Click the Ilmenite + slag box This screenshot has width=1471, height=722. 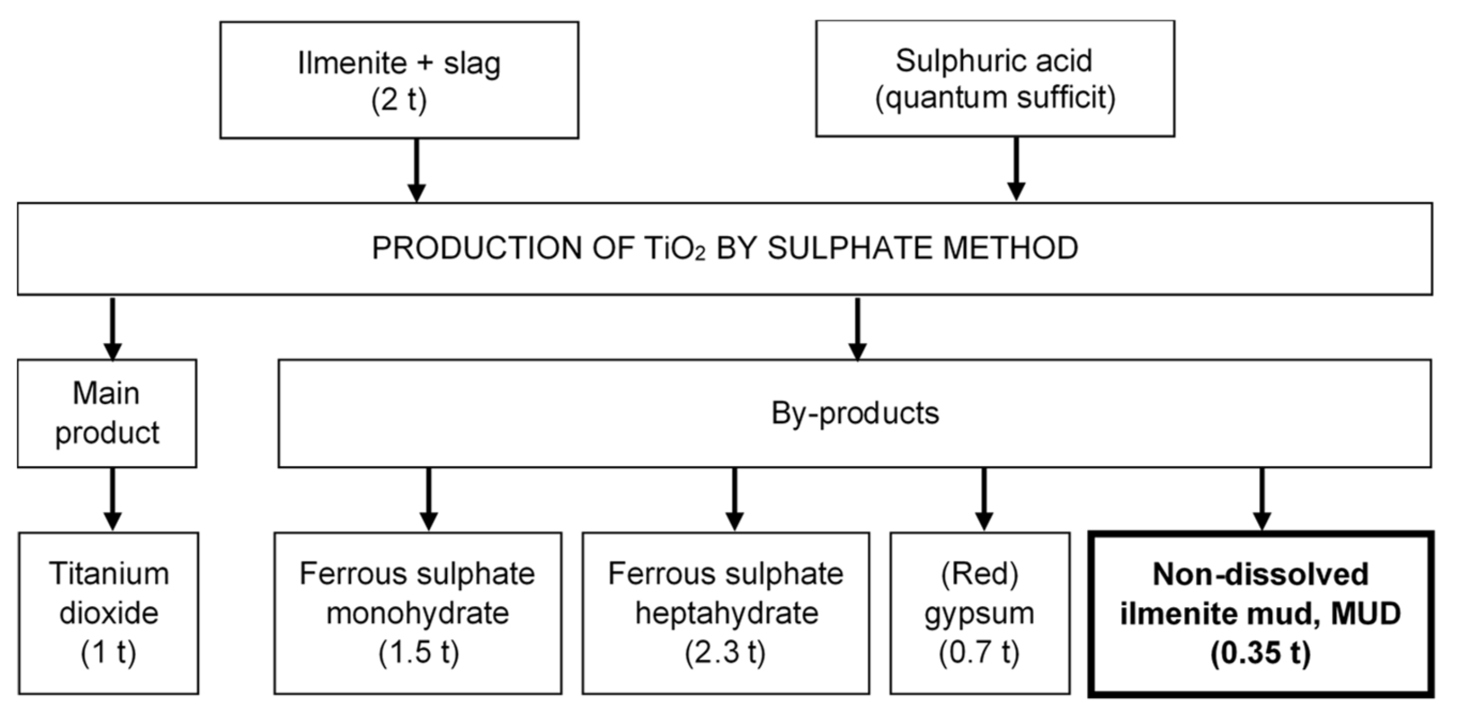pyautogui.click(x=398, y=80)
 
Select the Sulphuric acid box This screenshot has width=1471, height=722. pyautogui.click(x=995, y=78)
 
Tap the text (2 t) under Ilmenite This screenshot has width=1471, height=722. pyautogui.click(x=398, y=100)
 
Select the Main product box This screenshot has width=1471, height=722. pyautogui.click(x=107, y=413)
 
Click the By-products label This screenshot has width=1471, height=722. pyautogui.click(x=854, y=413)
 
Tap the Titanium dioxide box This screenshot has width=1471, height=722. pyautogui.click(x=109, y=613)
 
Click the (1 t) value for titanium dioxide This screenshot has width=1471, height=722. pyautogui.click(x=109, y=653)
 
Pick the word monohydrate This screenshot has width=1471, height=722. pyautogui.click(x=417, y=613)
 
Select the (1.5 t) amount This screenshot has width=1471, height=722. pyautogui.click(x=418, y=653)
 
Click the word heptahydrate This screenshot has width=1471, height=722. pyautogui.click(x=726, y=613)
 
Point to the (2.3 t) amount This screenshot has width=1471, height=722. pyautogui.click(x=725, y=653)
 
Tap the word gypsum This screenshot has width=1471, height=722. pyautogui.click(x=979, y=613)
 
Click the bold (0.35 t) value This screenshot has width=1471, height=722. pyautogui.click(x=1260, y=653)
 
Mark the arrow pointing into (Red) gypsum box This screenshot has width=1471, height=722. pyautogui.click(x=983, y=499)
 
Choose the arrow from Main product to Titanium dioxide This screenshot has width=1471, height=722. pyautogui.click(x=113, y=499)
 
